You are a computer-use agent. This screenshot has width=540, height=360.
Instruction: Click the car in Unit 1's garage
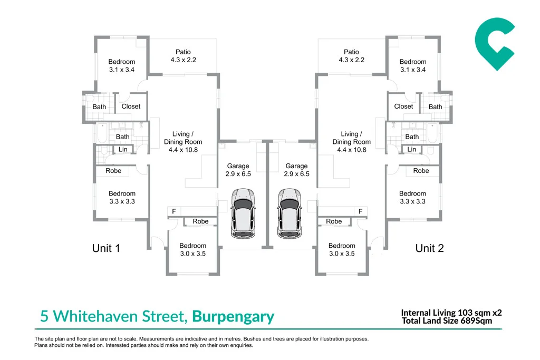tap(243, 213)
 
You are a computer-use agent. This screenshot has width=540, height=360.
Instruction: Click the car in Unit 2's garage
tap(290, 213)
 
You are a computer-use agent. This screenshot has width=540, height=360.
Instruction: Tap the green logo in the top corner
tap(495, 44)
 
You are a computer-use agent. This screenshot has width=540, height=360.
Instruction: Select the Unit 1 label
tap(106, 248)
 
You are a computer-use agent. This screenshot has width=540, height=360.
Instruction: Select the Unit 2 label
tap(429, 248)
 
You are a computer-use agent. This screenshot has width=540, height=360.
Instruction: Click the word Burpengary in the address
tap(233, 316)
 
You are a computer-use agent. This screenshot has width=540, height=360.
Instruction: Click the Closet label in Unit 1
tap(131, 106)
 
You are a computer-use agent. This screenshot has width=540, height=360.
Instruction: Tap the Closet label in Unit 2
tap(403, 106)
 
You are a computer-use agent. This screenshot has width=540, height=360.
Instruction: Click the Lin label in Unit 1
tap(123, 149)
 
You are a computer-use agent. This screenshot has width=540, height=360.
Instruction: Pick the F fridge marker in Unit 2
tap(360, 211)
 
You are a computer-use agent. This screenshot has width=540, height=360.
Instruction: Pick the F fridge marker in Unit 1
tap(174, 211)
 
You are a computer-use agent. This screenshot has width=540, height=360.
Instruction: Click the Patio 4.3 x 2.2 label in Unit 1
tap(183, 56)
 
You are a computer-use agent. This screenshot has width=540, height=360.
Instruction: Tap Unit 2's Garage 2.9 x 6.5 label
tap(296, 170)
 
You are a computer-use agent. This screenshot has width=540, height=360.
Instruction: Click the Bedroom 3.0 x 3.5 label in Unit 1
tap(193, 249)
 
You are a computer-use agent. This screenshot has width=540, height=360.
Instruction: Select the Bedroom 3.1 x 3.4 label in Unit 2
tap(413, 65)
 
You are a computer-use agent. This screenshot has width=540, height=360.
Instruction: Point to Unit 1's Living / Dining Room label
tap(183, 142)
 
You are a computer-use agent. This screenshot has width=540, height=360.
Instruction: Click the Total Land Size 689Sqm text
tap(447, 321)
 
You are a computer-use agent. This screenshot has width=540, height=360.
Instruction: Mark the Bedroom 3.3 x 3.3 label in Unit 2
tap(412, 198)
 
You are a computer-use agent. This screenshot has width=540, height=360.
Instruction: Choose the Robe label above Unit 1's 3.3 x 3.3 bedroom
tap(113, 171)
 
